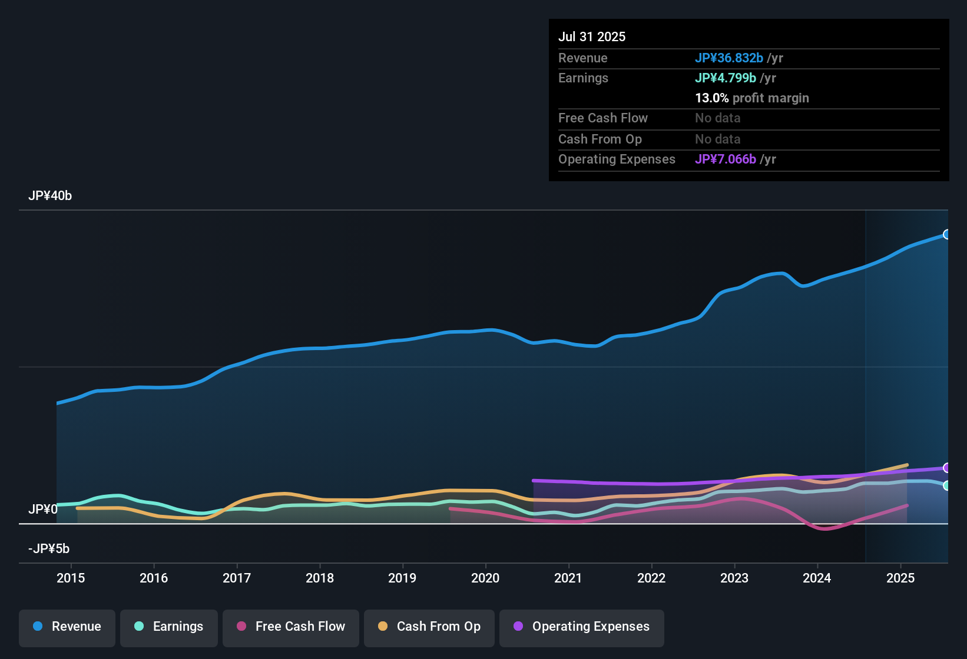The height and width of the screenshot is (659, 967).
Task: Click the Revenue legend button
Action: pyautogui.click(x=67, y=627)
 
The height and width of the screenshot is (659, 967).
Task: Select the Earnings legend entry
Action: pyautogui.click(x=169, y=627)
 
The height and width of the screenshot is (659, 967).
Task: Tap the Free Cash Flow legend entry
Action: pyautogui.click(x=291, y=627)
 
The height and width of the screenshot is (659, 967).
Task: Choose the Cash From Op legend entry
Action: pyautogui.click(x=429, y=627)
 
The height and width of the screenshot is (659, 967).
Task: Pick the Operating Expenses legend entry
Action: pyautogui.click(x=582, y=627)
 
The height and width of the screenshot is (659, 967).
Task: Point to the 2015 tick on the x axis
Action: pyautogui.click(x=71, y=578)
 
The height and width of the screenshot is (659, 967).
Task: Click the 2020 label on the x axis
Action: pyautogui.click(x=485, y=578)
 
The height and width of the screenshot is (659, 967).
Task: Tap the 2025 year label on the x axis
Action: pyautogui.click(x=900, y=578)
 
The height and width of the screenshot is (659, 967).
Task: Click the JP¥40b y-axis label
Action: pyautogui.click(x=50, y=196)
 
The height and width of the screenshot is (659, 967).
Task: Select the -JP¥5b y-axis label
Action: pyautogui.click(x=49, y=549)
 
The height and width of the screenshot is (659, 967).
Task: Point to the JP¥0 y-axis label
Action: pyautogui.click(x=43, y=509)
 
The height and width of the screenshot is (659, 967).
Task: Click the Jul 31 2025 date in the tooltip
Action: pyautogui.click(x=592, y=36)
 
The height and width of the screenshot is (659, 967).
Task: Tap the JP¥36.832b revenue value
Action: pyautogui.click(x=729, y=58)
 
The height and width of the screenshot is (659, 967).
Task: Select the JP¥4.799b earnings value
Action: pyautogui.click(x=726, y=78)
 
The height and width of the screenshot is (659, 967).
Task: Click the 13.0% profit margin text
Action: pyautogui.click(x=752, y=98)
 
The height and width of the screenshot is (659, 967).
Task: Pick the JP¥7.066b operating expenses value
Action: pyautogui.click(x=726, y=159)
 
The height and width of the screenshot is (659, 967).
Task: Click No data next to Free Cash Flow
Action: pyautogui.click(x=717, y=118)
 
